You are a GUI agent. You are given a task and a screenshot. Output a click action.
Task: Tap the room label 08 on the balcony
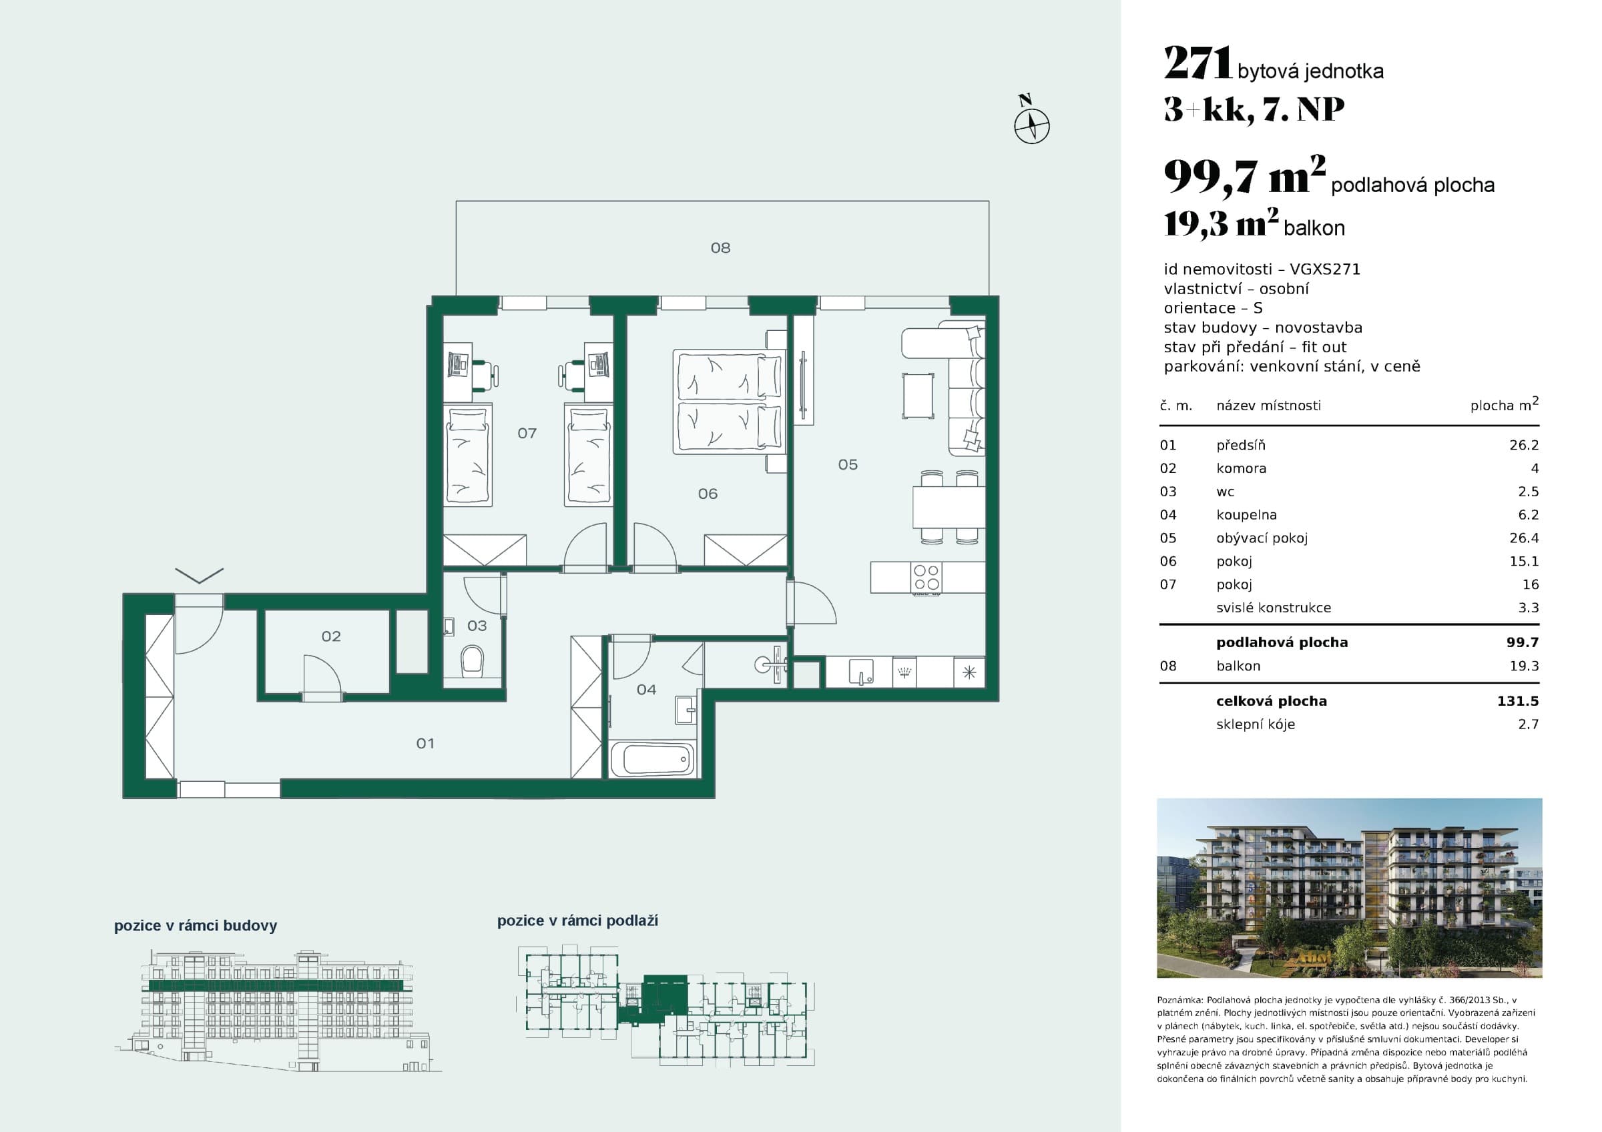(720, 247)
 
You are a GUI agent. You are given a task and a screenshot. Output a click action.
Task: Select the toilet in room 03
(473, 660)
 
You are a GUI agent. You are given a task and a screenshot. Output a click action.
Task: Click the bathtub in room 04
(652, 759)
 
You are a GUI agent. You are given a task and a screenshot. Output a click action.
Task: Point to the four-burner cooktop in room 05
(926, 578)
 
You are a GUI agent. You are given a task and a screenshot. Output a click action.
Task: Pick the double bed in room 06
(728, 401)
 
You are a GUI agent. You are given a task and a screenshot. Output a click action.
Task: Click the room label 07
(527, 433)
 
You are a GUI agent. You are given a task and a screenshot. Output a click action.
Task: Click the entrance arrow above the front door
(199, 576)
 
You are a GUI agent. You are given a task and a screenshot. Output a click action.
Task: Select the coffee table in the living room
(918, 396)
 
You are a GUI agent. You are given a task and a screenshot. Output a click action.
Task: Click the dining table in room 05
(949, 507)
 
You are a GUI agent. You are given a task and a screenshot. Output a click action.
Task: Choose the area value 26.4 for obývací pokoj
(1524, 538)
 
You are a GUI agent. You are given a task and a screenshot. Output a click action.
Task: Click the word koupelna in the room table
(1246, 515)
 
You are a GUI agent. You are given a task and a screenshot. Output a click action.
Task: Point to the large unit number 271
(1198, 63)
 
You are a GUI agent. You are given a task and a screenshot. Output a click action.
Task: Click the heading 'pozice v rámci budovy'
(196, 926)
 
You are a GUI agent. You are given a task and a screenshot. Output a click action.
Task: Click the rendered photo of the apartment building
(1350, 888)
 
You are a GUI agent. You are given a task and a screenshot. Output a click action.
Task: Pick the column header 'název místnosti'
(1268, 405)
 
